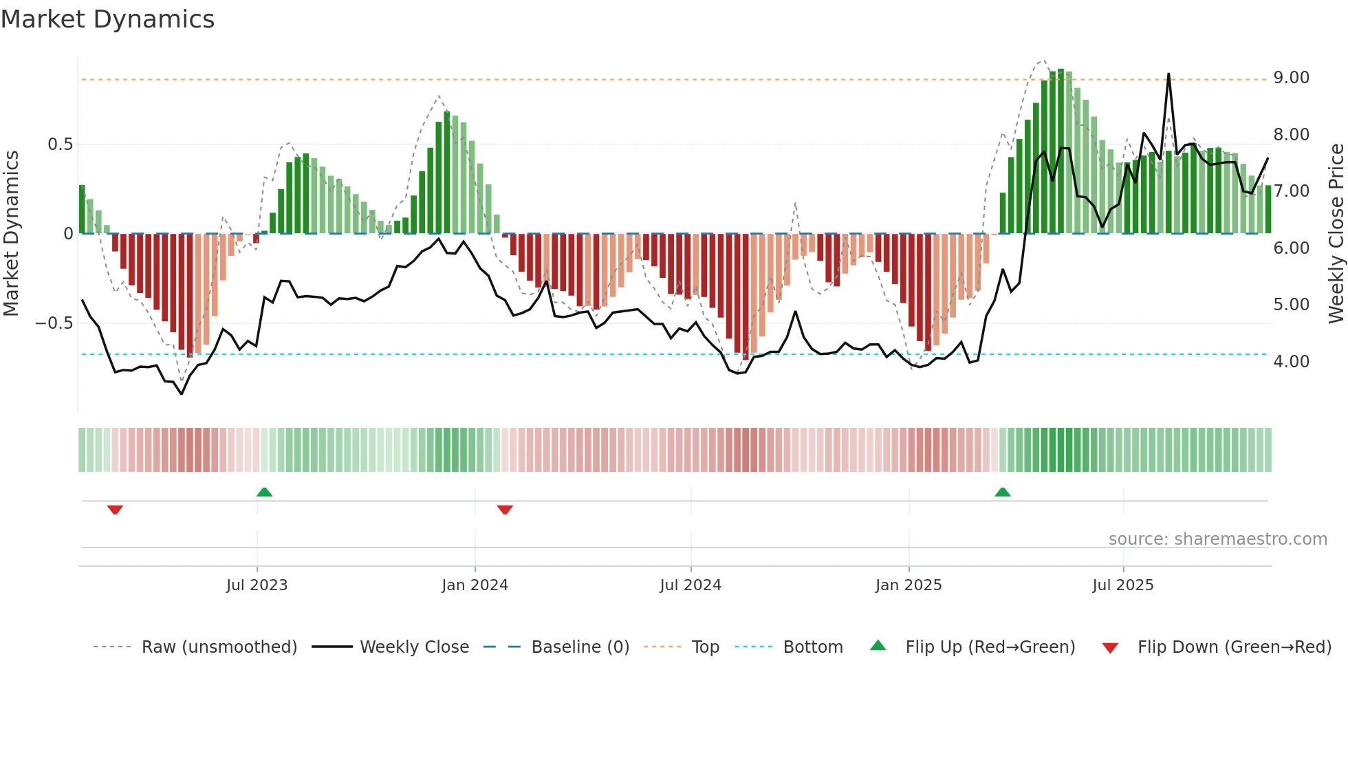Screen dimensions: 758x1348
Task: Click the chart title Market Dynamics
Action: point(107,19)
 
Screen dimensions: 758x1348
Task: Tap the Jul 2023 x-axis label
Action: point(257,585)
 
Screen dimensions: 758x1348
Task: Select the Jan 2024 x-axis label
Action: point(475,585)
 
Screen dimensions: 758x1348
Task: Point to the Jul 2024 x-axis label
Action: point(691,585)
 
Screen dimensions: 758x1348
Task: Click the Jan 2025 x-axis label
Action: point(909,585)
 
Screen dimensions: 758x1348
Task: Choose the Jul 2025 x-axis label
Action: point(1123,585)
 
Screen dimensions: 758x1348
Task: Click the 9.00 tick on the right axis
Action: point(1291,78)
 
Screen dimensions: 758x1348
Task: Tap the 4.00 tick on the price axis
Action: point(1291,362)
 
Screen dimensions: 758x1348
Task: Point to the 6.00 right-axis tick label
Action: point(1291,248)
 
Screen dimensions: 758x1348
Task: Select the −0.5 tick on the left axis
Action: point(54,323)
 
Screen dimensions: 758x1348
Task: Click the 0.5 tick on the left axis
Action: point(60,144)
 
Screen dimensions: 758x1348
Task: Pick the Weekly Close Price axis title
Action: point(1336,233)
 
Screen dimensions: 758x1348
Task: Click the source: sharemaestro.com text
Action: point(1217,539)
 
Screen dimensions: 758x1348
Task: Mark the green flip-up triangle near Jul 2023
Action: point(264,492)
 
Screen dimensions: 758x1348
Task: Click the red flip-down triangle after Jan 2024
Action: point(505,510)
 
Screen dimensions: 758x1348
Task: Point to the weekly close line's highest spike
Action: point(1168,74)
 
